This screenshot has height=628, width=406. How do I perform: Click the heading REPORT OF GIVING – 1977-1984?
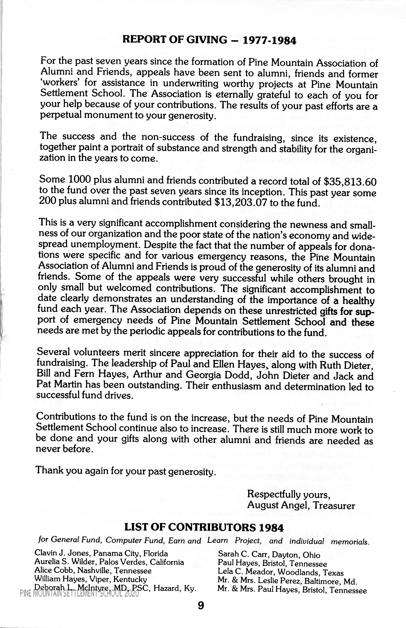coord(209,40)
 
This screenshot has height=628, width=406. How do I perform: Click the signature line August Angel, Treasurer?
coord(301,505)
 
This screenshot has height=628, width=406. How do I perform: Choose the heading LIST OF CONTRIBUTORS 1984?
coord(204,527)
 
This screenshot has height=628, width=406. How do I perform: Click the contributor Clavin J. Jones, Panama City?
coord(101,554)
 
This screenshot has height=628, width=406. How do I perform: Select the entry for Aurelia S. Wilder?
coord(109,562)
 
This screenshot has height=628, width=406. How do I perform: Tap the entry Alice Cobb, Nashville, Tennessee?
coord(93,571)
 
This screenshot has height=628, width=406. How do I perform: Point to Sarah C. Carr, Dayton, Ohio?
coord(269,555)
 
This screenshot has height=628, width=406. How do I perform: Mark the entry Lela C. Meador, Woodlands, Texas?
coord(281,573)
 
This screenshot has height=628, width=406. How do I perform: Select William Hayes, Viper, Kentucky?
coord(91,579)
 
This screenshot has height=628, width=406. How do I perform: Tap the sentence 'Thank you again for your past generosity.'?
coord(126,471)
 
